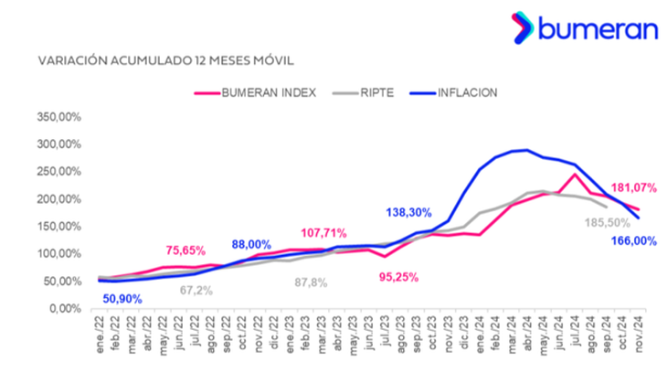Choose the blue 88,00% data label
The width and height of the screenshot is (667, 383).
pos(251,244)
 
